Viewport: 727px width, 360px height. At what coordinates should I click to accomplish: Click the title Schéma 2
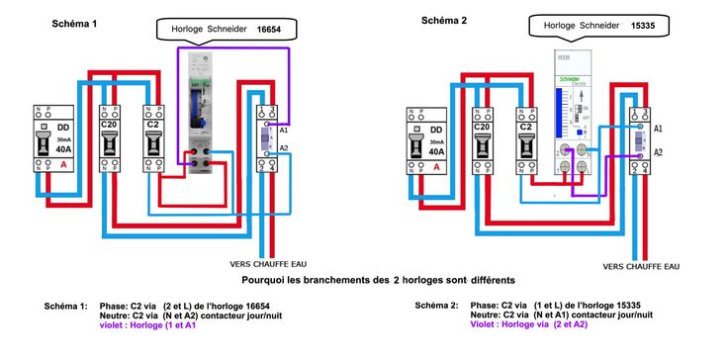444,21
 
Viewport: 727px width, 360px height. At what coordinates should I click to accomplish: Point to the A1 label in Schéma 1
284,131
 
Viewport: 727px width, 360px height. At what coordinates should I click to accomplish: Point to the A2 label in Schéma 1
284,148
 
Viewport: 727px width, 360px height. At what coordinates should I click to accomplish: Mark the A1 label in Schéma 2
659,130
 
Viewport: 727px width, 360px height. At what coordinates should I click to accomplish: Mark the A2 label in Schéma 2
659,152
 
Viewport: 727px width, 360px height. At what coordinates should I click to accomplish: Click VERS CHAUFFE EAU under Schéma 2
641,266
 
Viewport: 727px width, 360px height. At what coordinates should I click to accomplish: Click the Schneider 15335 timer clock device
572,114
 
